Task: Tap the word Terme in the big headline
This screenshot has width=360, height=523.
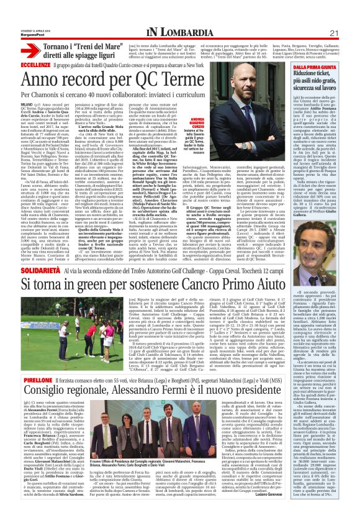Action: (240, 80)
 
